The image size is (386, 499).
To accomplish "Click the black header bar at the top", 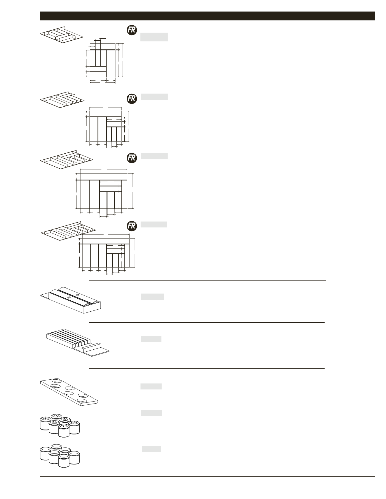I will (207, 16).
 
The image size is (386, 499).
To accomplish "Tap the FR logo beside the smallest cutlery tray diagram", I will (132, 30).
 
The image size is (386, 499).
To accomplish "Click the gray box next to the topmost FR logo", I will (154, 37).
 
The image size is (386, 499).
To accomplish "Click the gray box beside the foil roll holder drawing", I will (152, 297).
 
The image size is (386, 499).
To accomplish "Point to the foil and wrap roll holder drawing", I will (71, 300).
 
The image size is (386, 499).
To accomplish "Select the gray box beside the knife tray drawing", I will (151, 339).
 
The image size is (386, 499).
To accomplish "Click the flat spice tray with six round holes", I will (69, 391).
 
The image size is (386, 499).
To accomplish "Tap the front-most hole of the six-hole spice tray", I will (82, 401).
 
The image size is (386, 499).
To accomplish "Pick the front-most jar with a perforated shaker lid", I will (64, 430).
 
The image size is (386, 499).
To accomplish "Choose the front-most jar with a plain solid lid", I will (64, 460).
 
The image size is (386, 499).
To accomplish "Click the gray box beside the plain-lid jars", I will (151, 449).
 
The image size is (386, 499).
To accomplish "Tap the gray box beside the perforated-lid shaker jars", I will (151, 413).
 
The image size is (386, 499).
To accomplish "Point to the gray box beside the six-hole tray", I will (151, 386).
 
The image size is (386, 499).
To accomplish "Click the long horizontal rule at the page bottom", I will (207, 477).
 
